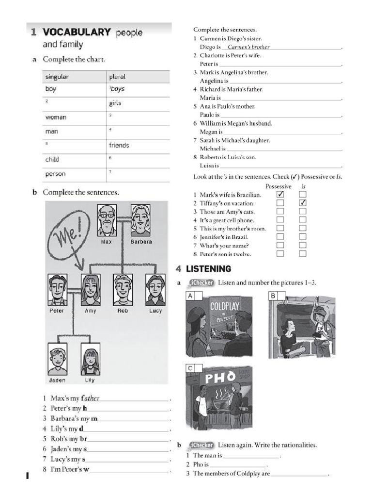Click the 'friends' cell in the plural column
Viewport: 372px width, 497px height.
[119, 145]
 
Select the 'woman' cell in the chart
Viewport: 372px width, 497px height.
[56, 117]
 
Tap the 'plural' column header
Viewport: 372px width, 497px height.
[117, 77]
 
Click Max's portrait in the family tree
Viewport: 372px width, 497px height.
[107, 220]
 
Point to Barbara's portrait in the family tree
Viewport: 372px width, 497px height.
[140, 220]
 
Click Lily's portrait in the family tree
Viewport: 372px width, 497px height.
[90, 359]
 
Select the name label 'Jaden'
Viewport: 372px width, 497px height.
[57, 380]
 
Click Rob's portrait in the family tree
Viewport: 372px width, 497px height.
[123, 290]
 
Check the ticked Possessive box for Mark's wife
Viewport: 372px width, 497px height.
[280, 195]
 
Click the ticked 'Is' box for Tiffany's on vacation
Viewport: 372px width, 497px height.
[303, 203]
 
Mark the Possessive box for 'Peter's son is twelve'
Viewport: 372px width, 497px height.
[280, 254]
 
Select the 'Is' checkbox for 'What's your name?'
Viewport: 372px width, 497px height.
[303, 246]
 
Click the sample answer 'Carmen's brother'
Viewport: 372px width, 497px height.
[248, 47]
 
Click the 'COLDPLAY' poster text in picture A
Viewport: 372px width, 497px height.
[226, 307]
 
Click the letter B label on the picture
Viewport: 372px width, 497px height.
[273, 296]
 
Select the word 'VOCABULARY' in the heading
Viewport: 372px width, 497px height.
[77, 33]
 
